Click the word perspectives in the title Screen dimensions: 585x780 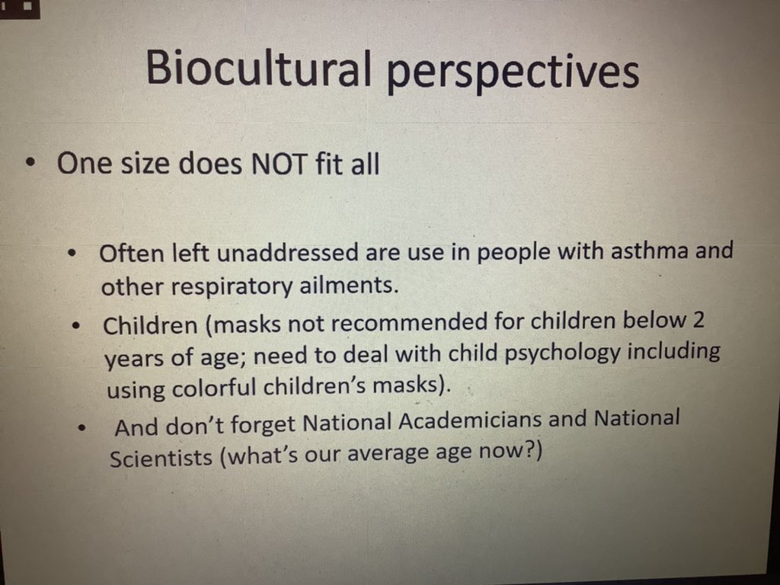click(513, 73)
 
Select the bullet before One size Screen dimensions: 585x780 click(29, 163)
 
